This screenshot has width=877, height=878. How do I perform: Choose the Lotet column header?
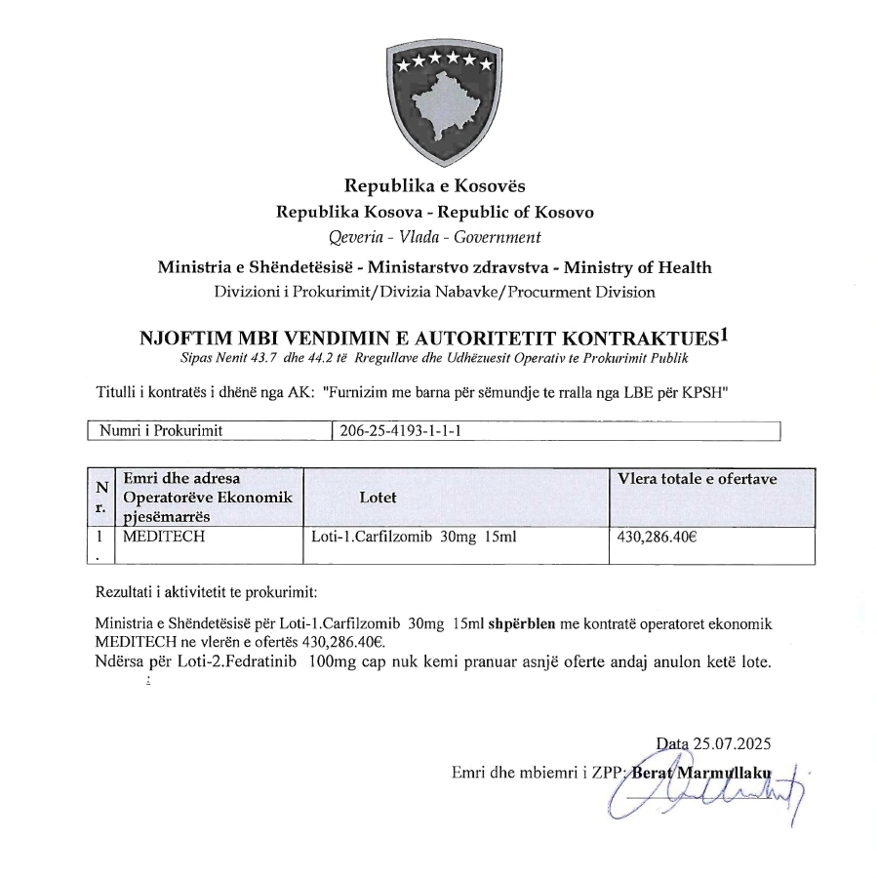pyautogui.click(x=378, y=497)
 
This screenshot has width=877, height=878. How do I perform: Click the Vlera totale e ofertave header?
pyautogui.click(x=698, y=479)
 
